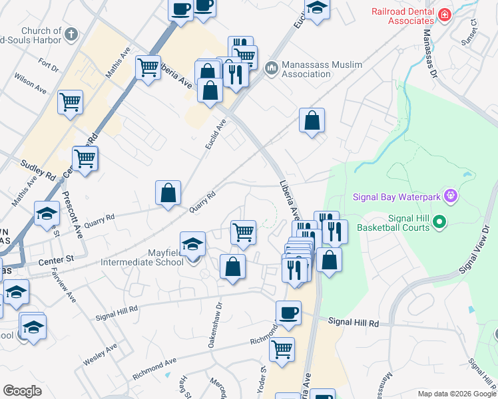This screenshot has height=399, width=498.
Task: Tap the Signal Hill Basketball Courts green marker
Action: tap(439, 221)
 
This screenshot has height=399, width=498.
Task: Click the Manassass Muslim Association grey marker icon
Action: tap(271, 68)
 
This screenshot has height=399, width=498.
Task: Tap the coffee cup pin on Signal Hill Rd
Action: tap(288, 313)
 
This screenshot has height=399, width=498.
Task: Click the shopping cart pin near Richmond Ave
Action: tap(282, 349)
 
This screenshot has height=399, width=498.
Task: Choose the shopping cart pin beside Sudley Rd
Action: tap(85, 160)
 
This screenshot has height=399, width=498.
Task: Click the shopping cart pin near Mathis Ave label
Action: tap(148, 67)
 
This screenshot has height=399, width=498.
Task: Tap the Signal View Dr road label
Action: tap(475, 250)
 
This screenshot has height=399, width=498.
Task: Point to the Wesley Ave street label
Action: tap(100, 353)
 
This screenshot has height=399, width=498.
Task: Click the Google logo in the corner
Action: tap(23, 391)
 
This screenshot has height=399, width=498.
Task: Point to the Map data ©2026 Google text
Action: tap(456, 393)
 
